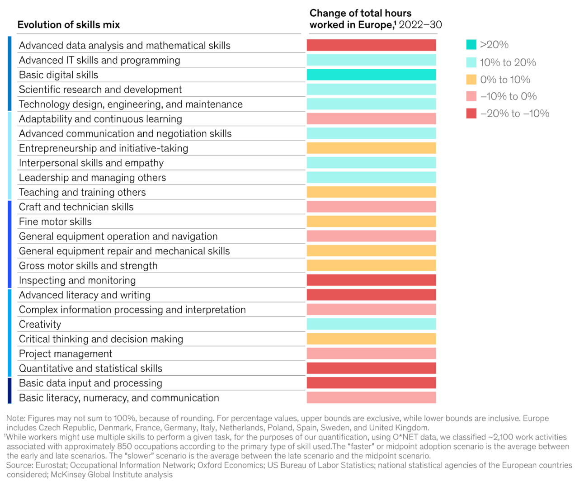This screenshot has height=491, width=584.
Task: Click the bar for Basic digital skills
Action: (371, 75)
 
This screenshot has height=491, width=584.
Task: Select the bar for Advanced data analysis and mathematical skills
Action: (371, 45)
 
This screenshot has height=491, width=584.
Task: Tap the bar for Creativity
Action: (371, 324)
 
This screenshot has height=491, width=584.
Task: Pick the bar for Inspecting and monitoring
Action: (371, 280)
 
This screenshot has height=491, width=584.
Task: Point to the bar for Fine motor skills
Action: (371, 222)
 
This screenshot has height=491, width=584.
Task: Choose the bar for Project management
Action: (371, 354)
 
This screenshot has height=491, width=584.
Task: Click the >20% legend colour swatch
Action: (471, 45)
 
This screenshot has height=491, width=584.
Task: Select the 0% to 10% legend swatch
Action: (471, 80)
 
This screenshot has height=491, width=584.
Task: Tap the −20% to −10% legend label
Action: (514, 113)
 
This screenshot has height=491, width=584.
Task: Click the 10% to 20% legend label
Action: (508, 62)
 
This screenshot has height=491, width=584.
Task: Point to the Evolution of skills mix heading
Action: (69, 25)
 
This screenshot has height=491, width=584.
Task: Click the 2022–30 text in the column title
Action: (420, 25)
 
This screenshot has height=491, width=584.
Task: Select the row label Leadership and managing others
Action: (92, 178)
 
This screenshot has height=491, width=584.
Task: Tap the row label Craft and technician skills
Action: (76, 207)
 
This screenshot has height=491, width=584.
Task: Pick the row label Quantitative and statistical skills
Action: (90, 368)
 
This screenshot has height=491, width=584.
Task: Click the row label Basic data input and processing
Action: (90, 383)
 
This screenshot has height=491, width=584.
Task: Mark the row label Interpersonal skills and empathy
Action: (91, 163)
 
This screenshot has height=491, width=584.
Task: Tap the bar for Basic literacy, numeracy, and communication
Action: (371, 398)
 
